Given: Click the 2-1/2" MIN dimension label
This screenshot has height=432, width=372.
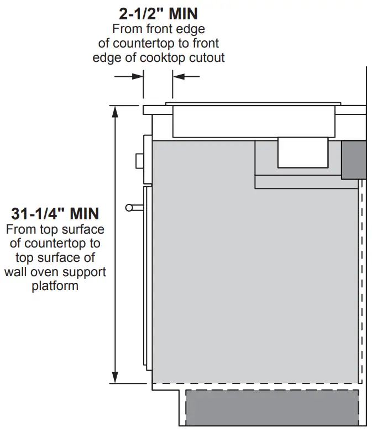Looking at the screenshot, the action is point(158,13).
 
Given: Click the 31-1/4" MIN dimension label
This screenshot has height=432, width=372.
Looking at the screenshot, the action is point(55,214).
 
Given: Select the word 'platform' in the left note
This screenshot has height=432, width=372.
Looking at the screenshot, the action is point(55,286).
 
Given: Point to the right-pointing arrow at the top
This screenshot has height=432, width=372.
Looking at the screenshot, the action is point(129,76).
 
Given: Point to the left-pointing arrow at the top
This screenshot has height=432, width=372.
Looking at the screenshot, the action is point(186,76).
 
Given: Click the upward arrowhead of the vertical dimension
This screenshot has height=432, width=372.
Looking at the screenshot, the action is point(116,111).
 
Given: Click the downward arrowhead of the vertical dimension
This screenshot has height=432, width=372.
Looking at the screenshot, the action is point(116,377).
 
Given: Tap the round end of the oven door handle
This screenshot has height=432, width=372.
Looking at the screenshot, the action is point(129,208).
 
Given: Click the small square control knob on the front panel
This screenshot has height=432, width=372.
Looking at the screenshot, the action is point(139,161).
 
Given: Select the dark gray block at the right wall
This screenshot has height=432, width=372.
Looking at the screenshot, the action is point(354,160).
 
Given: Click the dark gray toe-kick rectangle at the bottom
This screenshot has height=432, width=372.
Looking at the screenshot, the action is point(272,408).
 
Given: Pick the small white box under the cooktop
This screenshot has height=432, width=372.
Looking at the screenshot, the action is point(303,152).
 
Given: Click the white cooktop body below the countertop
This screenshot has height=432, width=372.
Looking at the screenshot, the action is point(254,122).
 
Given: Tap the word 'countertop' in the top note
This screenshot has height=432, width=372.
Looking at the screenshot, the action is point(143,43).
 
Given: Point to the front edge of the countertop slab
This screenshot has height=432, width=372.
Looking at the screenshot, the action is point(143,110).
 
